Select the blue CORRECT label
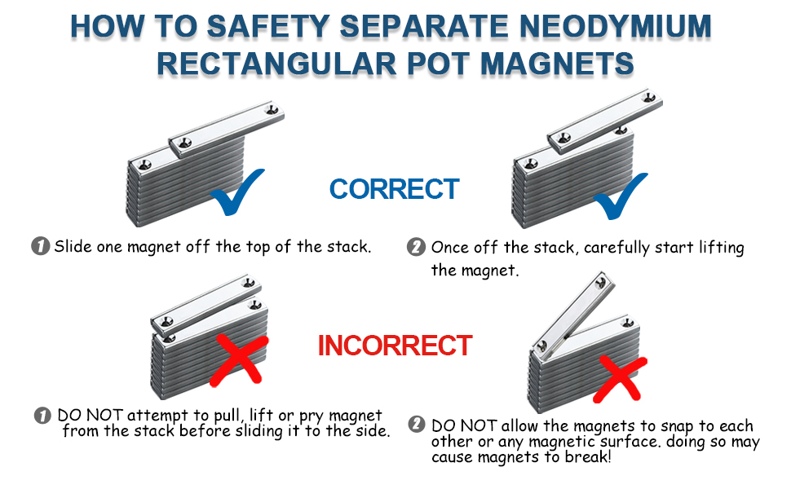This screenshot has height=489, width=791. pos(395,189)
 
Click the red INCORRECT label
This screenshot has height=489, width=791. pos(395,346)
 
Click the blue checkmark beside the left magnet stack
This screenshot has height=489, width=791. pos(237,192)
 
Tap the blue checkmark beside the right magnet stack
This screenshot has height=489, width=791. pos(621,196)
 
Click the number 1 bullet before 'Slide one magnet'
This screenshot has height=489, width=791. pos(40,246)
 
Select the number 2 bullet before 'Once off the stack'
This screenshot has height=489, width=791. pos(417,247)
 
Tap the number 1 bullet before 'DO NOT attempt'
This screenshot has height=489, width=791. pos(43,416)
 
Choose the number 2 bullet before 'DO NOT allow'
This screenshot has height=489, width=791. pos(417,425)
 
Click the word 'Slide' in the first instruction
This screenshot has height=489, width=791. pos(73,246)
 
